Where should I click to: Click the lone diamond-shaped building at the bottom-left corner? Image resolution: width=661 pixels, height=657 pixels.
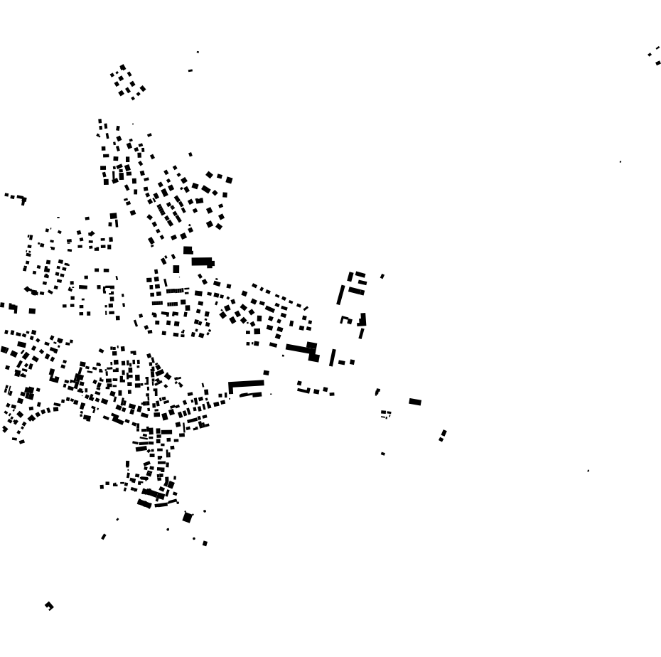pyautogui.click(x=49, y=606)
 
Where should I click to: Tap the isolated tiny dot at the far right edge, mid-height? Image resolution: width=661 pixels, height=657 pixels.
pyautogui.click(x=620, y=162)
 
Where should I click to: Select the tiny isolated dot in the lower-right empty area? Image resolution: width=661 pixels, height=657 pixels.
pyautogui.click(x=588, y=471)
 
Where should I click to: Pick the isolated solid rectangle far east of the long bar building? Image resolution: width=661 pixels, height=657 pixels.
pyautogui.click(x=415, y=402)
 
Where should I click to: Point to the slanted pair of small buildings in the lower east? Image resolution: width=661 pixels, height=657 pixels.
pyautogui.click(x=443, y=434)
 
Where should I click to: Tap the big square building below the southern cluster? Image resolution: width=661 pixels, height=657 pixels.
pyautogui.click(x=188, y=518)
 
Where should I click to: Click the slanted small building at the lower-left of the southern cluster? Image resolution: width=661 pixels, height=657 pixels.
pyautogui.click(x=104, y=537)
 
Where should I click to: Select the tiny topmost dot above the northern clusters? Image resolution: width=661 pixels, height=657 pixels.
pyautogui.click(x=198, y=52)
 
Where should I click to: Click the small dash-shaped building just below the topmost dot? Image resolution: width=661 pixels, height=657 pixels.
pyautogui.click(x=190, y=70)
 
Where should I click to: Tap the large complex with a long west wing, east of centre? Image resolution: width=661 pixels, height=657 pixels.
pyautogui.click(x=304, y=349)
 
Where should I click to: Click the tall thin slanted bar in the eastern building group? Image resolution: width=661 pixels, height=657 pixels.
pyautogui.click(x=340, y=294)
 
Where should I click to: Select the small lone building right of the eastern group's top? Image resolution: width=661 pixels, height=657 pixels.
pyautogui.click(x=382, y=276)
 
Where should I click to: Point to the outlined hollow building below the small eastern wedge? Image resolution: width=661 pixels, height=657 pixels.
pyautogui.click(x=385, y=413)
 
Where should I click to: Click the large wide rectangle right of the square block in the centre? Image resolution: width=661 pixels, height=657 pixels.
pyautogui.click(x=203, y=262)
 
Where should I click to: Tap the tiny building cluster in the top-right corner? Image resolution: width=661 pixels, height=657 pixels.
pyautogui.click(x=655, y=56)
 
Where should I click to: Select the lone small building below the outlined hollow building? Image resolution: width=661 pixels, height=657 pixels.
pyautogui.click(x=383, y=454)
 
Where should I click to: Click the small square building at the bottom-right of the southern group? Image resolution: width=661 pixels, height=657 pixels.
pyautogui.click(x=205, y=543)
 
